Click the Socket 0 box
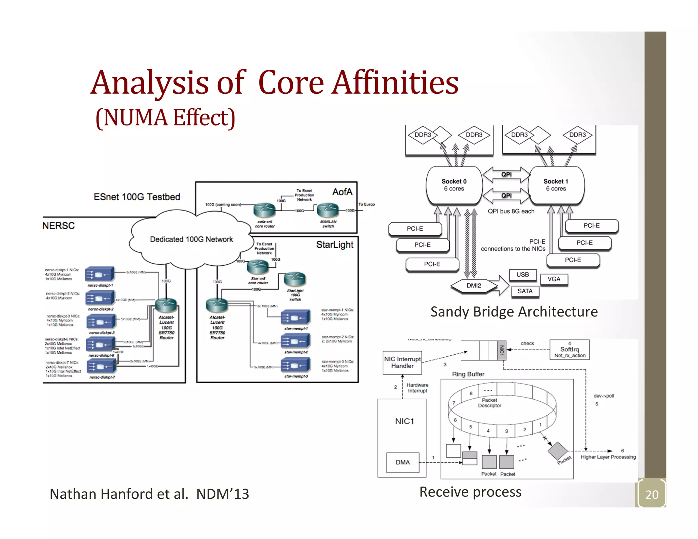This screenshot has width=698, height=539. point(454,185)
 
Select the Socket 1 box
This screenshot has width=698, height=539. point(556,185)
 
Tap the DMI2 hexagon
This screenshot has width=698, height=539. point(474,286)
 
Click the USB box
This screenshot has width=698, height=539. point(522,275)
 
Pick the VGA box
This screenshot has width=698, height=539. point(554,279)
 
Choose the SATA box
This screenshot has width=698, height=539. point(525,291)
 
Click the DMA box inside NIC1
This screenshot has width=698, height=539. point(403,462)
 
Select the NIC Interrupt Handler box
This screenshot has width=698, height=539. point(402,363)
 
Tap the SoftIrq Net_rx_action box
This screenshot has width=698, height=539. point(570,350)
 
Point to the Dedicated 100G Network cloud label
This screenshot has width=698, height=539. point(191,239)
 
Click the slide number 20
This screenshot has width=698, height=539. point(652,494)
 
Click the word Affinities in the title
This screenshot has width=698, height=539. point(395,83)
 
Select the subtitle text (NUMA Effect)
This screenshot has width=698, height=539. point(166,118)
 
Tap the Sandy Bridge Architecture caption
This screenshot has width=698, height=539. point(514,312)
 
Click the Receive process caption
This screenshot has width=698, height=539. point(470,492)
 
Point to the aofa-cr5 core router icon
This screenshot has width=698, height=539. point(264,210)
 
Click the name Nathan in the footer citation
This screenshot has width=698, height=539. point(73,494)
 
